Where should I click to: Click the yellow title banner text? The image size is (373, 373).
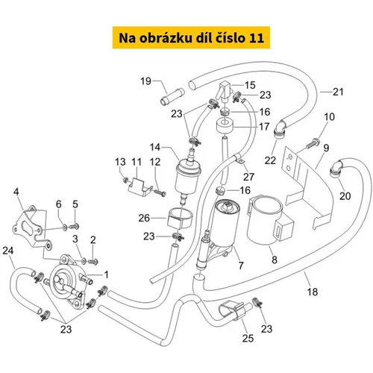191,38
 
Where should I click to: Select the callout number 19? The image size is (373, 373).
145,81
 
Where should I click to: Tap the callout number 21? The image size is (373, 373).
338,92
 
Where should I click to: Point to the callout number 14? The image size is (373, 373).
155,147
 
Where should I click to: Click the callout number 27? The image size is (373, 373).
248,177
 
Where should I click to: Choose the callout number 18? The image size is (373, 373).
313,292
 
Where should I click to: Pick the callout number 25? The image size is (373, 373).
248,338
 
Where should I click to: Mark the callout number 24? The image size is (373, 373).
8,251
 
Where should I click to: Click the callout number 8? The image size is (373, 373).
275,260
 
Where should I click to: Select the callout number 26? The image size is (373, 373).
144,218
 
